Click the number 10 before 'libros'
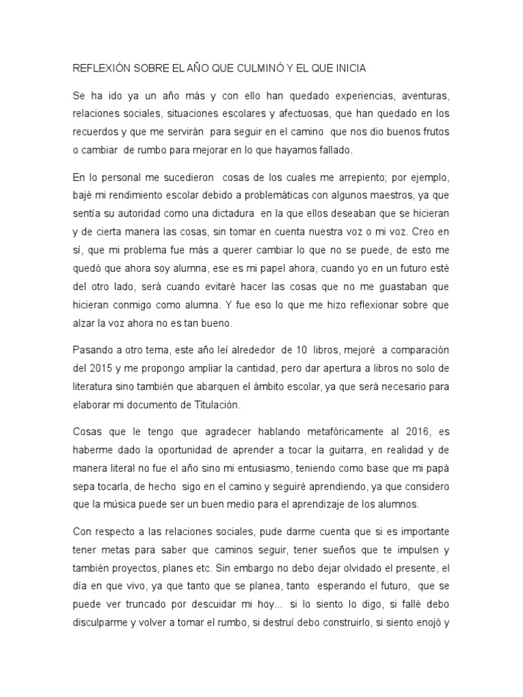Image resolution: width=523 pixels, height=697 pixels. coord(302,351)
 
